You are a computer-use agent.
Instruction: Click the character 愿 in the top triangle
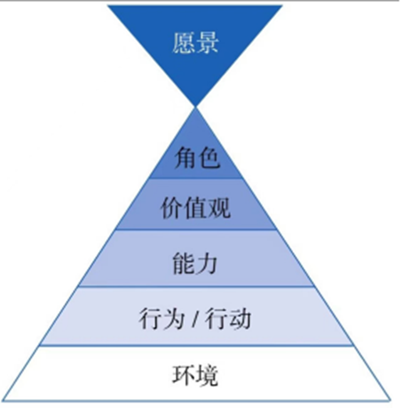click(x=183, y=43)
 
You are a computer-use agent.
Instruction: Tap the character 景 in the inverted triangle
click(x=207, y=43)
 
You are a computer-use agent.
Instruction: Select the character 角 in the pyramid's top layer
click(x=185, y=158)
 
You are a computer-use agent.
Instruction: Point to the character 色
click(x=209, y=158)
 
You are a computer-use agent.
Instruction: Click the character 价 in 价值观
click(x=172, y=208)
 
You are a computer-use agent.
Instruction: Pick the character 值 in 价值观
click(x=195, y=208)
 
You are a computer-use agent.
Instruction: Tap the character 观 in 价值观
click(x=219, y=208)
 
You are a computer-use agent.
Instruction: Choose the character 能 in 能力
click(x=184, y=263)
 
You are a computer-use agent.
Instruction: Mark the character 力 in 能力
click(x=207, y=263)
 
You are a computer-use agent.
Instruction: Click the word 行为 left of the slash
click(x=162, y=318)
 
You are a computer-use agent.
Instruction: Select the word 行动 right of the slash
click(x=228, y=318)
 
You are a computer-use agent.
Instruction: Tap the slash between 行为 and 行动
click(x=194, y=318)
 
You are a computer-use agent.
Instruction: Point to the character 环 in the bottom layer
click(x=184, y=375)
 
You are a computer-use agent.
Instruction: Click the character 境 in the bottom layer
click(x=207, y=375)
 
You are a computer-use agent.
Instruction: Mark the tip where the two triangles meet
click(x=195, y=107)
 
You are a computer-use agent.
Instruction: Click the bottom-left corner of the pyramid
click(x=3, y=401)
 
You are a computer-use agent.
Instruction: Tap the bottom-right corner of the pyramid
click(x=390, y=401)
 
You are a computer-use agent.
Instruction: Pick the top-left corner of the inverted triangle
click(x=107, y=5)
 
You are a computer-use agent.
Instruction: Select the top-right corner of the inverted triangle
click(x=282, y=5)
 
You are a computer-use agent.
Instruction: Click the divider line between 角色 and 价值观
click(x=195, y=178)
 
